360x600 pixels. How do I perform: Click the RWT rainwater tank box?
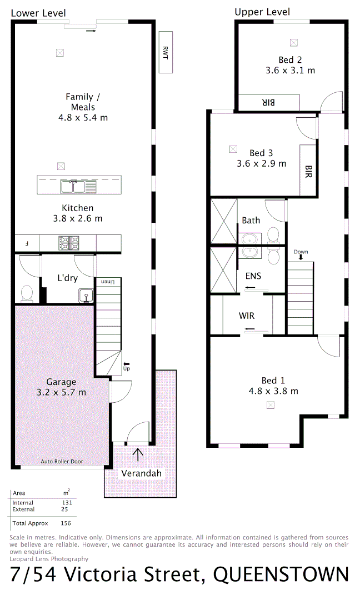[x=166, y=52]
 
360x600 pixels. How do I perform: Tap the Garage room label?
[x=61, y=382]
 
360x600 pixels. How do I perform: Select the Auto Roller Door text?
[x=62, y=462]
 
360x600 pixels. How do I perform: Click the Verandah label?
[x=142, y=473]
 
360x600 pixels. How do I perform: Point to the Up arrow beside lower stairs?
[x=126, y=365]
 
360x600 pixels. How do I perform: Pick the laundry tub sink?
[x=86, y=296]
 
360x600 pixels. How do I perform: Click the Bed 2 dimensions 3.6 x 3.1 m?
[x=290, y=71]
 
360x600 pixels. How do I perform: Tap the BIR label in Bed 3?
[x=308, y=172]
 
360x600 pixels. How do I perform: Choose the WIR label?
[x=247, y=316]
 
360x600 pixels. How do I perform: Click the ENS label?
[x=253, y=276]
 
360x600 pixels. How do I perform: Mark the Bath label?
[x=251, y=221]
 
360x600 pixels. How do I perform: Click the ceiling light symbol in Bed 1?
[x=271, y=405]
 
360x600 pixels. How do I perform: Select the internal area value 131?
[x=68, y=503]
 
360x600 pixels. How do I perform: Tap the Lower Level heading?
[x=38, y=13]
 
